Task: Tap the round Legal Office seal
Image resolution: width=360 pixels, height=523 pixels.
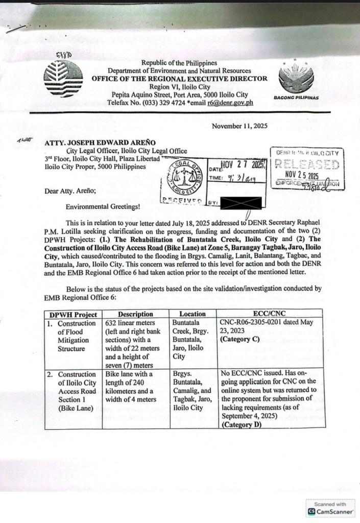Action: pos(184,177)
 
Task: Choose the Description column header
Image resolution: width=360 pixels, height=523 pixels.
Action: pos(135,314)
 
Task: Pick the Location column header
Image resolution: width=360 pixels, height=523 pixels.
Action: pos(193,314)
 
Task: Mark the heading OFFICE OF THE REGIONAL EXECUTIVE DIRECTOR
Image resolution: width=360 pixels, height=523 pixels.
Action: pos(179,78)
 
